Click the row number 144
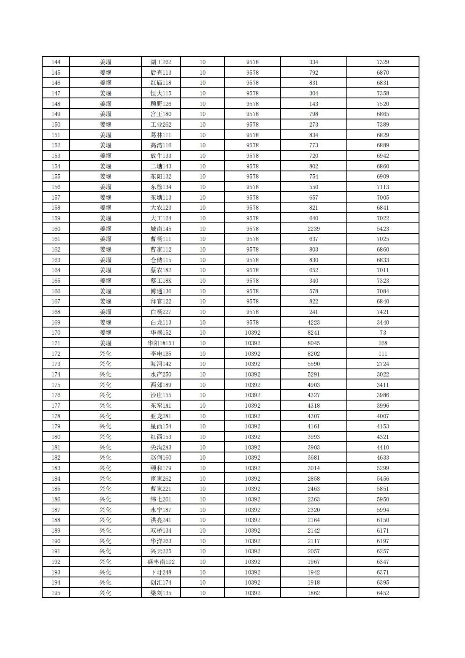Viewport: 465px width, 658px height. click(56, 62)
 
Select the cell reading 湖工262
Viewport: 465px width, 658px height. click(161, 62)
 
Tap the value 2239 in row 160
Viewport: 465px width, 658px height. click(314, 229)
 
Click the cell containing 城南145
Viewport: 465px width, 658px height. click(161, 229)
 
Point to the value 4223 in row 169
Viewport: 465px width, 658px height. click(314, 322)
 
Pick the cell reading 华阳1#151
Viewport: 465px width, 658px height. click(161, 343)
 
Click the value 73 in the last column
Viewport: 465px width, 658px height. click(383, 333)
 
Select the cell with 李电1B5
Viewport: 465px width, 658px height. click(161, 354)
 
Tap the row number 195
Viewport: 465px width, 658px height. click(56, 593)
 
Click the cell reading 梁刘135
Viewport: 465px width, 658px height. click(161, 593)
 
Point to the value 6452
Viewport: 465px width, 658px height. click(383, 593)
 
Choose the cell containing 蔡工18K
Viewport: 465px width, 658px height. click(161, 281)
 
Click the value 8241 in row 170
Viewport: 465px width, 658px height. click(314, 333)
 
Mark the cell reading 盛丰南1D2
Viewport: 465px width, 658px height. click(161, 562)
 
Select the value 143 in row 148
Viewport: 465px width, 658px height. click(314, 104)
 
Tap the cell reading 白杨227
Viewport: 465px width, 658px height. click(161, 312)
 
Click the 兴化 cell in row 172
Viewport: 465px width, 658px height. click(105, 354)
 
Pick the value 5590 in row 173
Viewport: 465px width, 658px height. click(314, 364)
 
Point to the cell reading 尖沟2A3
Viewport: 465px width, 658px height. click(161, 447)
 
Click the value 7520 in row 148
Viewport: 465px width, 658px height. click(383, 104)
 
